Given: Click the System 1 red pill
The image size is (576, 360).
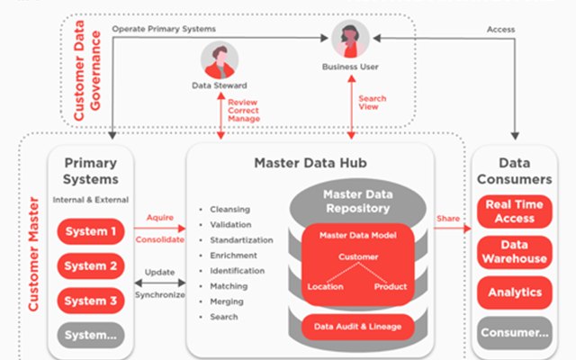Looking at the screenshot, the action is point(91,231).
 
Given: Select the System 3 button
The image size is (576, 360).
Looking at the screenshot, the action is point(91,301).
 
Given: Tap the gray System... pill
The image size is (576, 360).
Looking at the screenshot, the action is point(91,335).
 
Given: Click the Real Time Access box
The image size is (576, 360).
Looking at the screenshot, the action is point(514,211).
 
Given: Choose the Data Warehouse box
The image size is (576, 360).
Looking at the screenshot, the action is point(514,252).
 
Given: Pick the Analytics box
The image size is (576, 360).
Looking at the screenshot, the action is point(514,292).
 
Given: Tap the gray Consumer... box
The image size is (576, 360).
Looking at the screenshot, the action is point(514,333).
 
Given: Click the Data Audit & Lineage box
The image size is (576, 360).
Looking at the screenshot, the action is point(358,327).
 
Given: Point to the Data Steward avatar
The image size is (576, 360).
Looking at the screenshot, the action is point(220,60).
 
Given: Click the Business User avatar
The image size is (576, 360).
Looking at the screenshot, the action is point(350,39).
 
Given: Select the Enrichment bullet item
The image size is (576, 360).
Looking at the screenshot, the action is point(233,256).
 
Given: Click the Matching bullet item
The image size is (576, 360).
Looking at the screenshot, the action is point(229,286).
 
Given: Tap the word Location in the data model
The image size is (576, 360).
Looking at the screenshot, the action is point(326,286).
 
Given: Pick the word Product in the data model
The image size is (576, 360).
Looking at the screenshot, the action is point(391,286).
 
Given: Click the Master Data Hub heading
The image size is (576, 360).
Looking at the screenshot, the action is point(310,163).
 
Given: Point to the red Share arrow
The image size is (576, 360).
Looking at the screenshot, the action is point(453,229).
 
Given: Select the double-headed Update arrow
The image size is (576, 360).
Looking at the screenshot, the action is point(160,283).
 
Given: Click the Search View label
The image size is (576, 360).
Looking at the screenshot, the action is point(372,103).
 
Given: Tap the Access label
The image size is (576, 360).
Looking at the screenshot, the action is point(500,30).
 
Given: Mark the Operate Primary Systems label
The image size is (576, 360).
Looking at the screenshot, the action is point(164,29).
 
